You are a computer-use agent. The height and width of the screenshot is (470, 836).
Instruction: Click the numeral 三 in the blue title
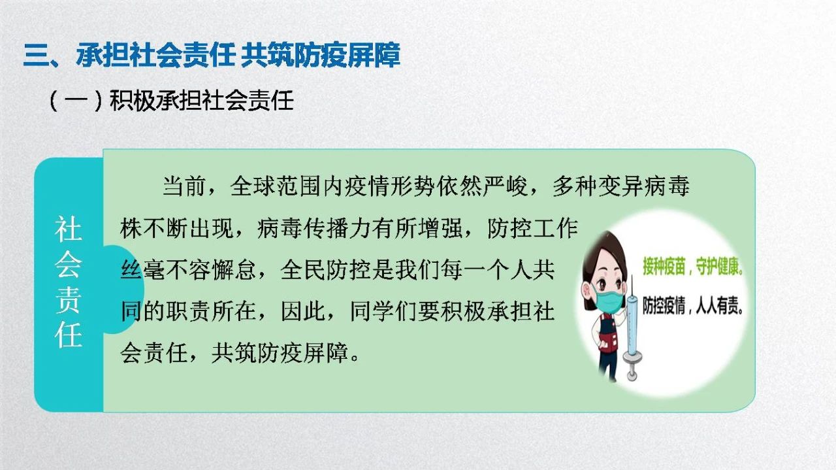click(35, 56)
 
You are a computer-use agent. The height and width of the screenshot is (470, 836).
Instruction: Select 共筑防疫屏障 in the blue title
click(321, 55)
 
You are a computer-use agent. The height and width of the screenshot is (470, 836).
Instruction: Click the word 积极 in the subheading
click(132, 101)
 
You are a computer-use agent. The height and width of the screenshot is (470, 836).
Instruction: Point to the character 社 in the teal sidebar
click(68, 229)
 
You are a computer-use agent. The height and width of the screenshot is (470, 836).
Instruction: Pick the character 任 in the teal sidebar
click(68, 335)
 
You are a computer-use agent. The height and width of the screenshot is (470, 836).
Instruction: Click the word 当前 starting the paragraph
click(184, 186)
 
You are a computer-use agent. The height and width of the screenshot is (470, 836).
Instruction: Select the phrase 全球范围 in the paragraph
click(276, 186)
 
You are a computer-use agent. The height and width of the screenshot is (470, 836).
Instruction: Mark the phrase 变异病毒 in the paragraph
click(643, 186)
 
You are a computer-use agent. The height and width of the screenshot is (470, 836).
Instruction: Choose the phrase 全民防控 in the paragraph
click(325, 270)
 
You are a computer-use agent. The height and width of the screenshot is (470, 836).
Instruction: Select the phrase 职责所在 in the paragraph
click(211, 311)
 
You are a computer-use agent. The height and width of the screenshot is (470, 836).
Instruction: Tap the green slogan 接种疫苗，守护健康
click(693, 266)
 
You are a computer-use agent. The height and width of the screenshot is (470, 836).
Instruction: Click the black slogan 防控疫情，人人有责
click(693, 306)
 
